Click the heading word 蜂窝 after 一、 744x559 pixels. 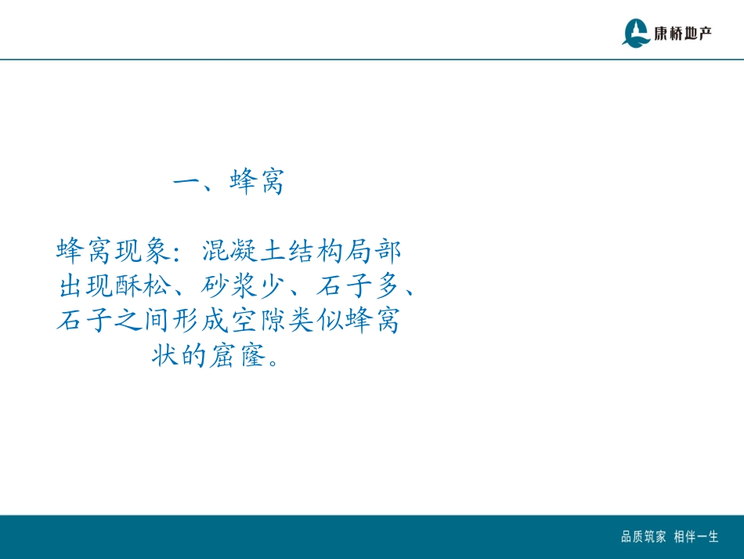[257, 183]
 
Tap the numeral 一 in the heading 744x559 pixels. [188, 183]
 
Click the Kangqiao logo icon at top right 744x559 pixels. [635, 32]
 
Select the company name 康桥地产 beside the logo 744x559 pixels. [683, 33]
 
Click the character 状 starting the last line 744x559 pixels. [165, 358]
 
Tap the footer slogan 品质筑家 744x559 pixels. [643, 537]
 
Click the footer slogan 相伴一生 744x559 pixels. [696, 537]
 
